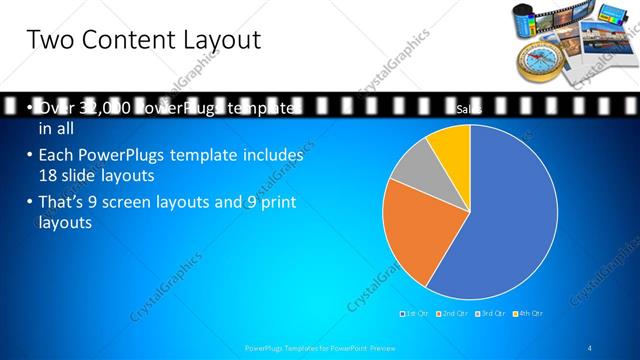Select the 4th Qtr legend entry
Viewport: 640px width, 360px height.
tap(531, 314)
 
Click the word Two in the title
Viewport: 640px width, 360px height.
tap(51, 41)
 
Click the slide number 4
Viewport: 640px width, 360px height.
tap(591, 347)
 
